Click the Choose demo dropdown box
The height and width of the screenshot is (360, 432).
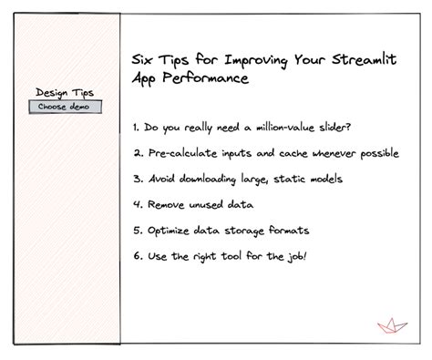65,107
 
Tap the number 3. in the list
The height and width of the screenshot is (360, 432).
137,179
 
